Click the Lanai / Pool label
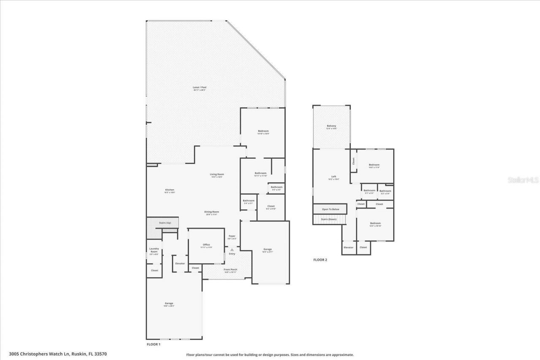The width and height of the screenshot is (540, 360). point(200,88)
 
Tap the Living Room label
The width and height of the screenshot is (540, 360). point(217,175)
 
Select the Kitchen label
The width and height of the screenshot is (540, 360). point(169,190)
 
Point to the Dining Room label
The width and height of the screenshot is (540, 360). point(212,212)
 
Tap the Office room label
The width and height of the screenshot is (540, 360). point(206,245)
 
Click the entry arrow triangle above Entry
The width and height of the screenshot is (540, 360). point(232,250)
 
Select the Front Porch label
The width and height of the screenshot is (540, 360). point(230,270)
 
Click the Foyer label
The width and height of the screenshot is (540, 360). point(232,236)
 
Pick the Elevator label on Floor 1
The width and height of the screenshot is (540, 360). point(180,263)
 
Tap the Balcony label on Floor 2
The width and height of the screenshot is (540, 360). point(331,126)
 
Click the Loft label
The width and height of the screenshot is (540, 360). point(333,177)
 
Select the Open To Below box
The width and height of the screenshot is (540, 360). point(330,209)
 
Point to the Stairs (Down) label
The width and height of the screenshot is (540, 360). point(329,219)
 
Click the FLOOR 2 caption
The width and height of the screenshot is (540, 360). point(320,260)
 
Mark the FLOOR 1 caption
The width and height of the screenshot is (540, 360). point(153,344)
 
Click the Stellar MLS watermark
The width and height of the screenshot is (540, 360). point(523,180)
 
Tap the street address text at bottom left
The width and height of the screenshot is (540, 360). point(58,354)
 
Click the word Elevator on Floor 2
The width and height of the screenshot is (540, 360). point(348,247)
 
